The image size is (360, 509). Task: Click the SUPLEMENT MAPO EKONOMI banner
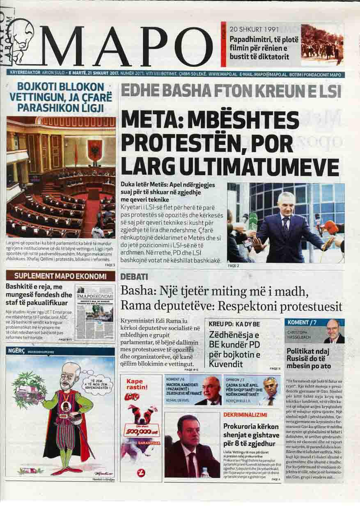pos(60,276)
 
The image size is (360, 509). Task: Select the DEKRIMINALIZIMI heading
pos(245,415)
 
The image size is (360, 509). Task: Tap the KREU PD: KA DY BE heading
pos(234,324)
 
